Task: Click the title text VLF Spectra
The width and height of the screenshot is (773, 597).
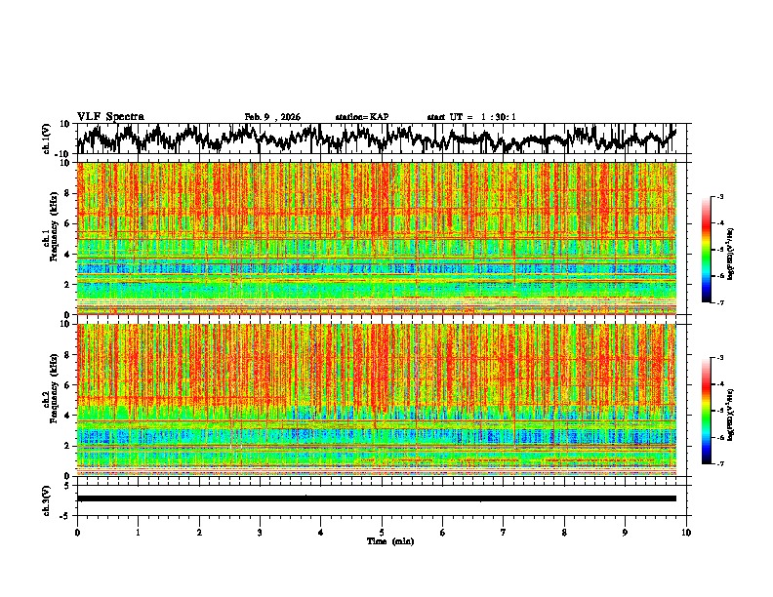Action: click(111, 117)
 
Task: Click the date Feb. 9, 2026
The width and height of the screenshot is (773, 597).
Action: click(272, 117)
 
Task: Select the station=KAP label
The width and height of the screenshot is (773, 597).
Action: click(361, 117)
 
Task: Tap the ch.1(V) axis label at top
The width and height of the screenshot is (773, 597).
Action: click(47, 138)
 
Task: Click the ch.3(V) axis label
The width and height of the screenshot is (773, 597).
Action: click(47, 498)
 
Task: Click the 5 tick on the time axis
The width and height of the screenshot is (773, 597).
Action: click(382, 532)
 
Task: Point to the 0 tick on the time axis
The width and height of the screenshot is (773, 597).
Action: click(77, 532)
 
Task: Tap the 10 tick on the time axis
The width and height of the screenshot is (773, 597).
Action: click(686, 532)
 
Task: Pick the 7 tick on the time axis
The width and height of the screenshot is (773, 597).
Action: click(504, 532)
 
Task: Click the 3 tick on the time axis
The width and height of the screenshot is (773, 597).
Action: click(260, 532)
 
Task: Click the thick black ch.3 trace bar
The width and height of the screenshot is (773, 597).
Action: click(376, 498)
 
